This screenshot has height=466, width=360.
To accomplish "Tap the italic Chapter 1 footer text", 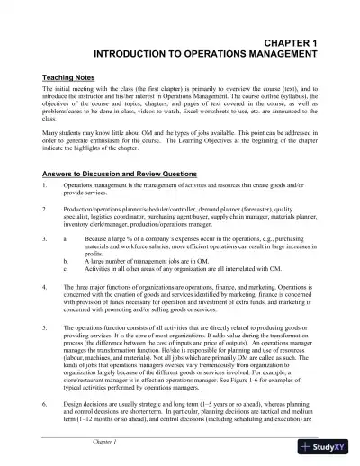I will [105, 444].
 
